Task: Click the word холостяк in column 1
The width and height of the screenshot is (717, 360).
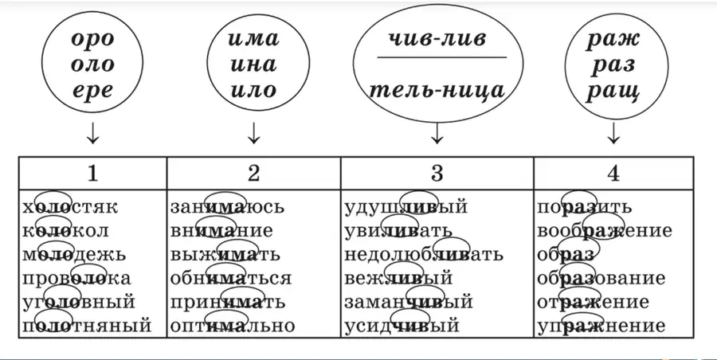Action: [70, 207]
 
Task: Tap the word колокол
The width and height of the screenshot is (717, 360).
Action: [66, 231]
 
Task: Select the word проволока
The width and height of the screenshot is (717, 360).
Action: [76, 279]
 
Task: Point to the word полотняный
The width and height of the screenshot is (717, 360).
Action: [86, 326]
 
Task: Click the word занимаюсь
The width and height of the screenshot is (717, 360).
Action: [227, 207]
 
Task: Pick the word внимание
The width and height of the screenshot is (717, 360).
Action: [221, 231]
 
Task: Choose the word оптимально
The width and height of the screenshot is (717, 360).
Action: [233, 326]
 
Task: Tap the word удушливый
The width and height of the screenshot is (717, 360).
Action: [406, 207]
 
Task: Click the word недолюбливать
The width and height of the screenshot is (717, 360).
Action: [424, 255]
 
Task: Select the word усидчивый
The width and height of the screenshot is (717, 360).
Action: [402, 326]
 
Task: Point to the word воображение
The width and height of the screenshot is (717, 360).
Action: [605, 231]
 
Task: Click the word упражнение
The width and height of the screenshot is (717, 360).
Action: [601, 326]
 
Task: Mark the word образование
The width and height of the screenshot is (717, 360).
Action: [601, 279]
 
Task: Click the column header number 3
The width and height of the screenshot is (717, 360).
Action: [437, 174]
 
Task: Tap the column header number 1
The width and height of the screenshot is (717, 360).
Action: [92, 174]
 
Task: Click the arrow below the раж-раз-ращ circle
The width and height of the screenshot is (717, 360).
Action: [613, 133]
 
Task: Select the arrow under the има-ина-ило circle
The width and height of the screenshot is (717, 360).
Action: [253, 133]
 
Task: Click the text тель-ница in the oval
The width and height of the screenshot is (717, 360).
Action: [437, 91]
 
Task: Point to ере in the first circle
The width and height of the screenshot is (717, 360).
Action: [92, 91]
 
